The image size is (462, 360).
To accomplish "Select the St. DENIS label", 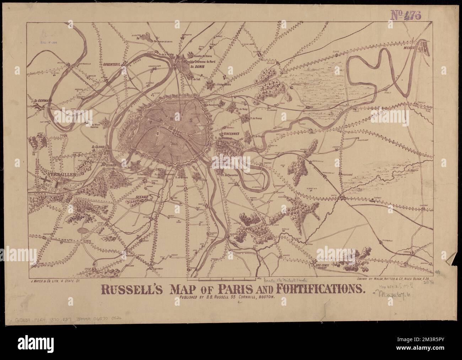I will pos(197,66).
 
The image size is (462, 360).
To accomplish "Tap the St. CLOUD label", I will pos(97,146).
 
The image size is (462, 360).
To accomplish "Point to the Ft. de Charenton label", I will pos(230,174).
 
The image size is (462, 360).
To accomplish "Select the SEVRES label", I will pos(107,165).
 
